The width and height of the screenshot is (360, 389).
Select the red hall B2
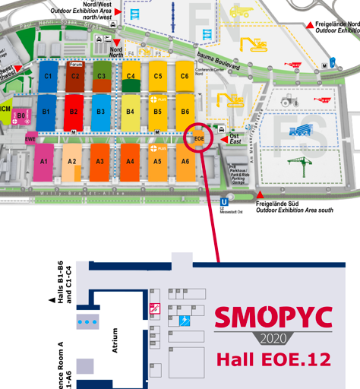pyautogui.click(x=74, y=112)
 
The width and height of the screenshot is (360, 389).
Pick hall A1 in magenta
pyautogui.click(x=44, y=161)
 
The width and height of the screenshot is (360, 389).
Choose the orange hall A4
pyautogui.click(x=130, y=161)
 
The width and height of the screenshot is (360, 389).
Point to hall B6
pyautogui.click(x=184, y=112)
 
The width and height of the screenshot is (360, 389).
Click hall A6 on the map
pyautogui.click(x=185, y=161)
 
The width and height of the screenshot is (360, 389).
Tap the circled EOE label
pyautogui.click(x=199, y=138)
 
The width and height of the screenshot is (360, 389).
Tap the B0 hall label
pyautogui.click(x=22, y=115)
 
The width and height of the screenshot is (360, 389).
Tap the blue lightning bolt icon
pyautogui.click(x=185, y=321)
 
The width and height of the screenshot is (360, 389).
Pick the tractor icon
pyautogui.click(x=289, y=100)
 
